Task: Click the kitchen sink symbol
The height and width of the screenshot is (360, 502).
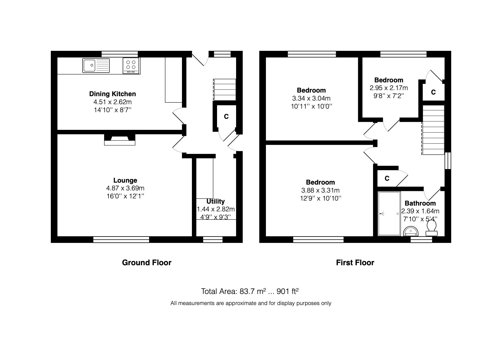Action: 96,66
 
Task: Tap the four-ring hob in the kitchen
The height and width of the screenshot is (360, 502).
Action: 131,66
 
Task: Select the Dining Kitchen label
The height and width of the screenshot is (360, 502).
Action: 112,94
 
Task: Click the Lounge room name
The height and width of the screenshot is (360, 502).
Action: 125,180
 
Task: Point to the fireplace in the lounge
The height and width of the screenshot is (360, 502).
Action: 120,140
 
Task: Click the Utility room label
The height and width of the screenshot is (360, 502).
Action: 215,201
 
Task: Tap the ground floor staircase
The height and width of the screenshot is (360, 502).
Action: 225,90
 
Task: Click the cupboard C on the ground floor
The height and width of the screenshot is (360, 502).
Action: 226,117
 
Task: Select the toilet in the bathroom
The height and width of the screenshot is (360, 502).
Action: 431,229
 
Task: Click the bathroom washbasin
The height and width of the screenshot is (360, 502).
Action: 411,231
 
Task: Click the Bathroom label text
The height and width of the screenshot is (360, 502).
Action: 420,203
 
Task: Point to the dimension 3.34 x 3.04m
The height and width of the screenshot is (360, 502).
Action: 311,98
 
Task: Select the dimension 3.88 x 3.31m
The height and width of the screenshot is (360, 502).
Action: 320,190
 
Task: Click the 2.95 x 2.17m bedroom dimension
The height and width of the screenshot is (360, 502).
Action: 389,88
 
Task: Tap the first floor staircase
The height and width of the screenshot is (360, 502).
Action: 433,130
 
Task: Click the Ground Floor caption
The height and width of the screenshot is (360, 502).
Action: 147,262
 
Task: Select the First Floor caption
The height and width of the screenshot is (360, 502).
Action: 355,262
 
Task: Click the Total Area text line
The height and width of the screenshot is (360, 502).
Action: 250,291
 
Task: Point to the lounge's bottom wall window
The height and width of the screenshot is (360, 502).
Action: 121,240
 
